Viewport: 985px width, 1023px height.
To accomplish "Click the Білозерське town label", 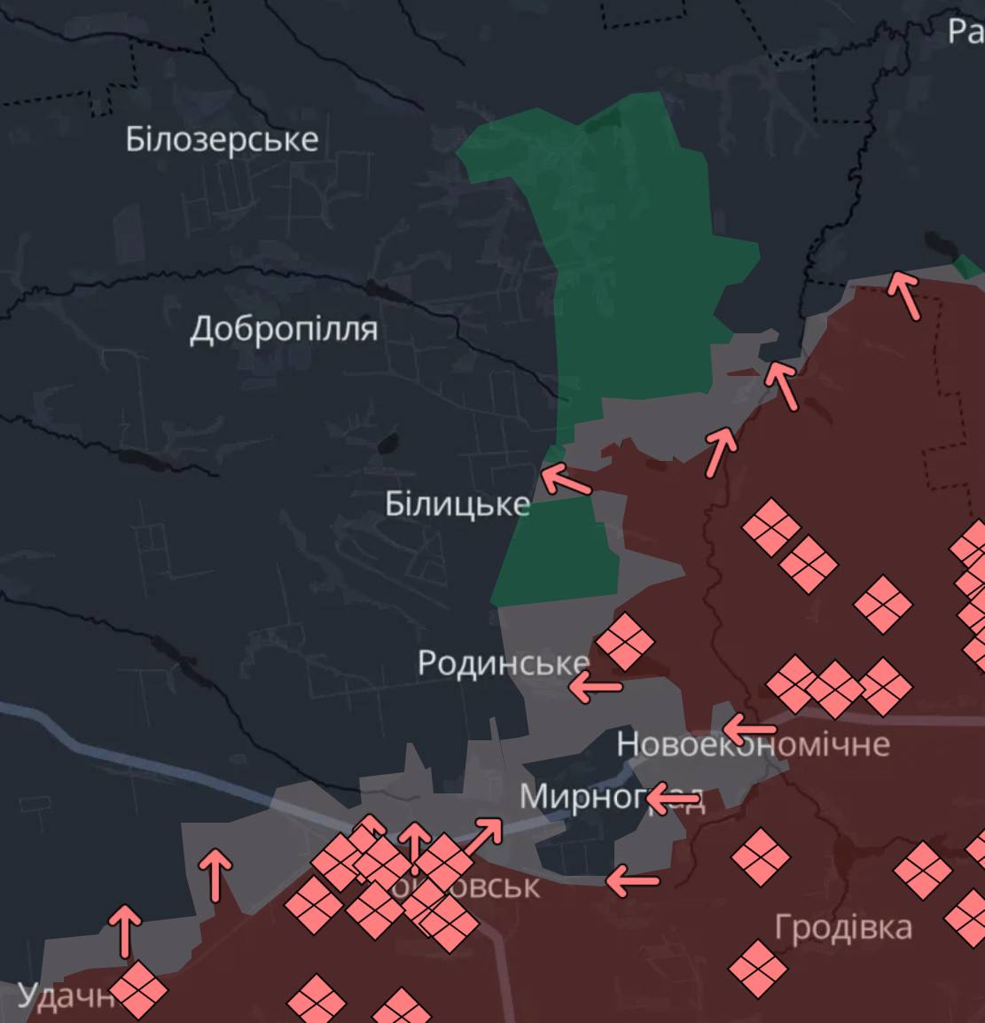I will [222, 139].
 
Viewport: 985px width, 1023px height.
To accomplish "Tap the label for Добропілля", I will [284, 329].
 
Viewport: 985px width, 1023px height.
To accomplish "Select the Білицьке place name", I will [457, 504].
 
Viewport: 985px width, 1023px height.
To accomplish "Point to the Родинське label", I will [502, 662].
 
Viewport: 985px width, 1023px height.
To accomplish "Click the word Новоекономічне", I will [753, 744].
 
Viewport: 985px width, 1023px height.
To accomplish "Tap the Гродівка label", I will [842, 927].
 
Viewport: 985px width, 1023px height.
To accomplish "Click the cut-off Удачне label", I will [62, 996].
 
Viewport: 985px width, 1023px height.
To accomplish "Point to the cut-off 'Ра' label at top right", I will [965, 31].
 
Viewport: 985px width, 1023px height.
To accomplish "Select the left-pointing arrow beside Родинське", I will [595, 685].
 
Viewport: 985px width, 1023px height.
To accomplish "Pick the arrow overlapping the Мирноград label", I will [672, 800].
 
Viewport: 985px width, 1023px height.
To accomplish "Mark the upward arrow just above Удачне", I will [125, 931].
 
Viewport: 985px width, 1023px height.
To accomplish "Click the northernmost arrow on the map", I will [904, 294].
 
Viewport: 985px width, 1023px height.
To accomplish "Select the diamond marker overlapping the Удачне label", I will [138, 990].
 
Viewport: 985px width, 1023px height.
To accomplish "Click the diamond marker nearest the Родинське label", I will [624, 642].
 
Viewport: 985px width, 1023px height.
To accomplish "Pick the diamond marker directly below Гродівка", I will [758, 968].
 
